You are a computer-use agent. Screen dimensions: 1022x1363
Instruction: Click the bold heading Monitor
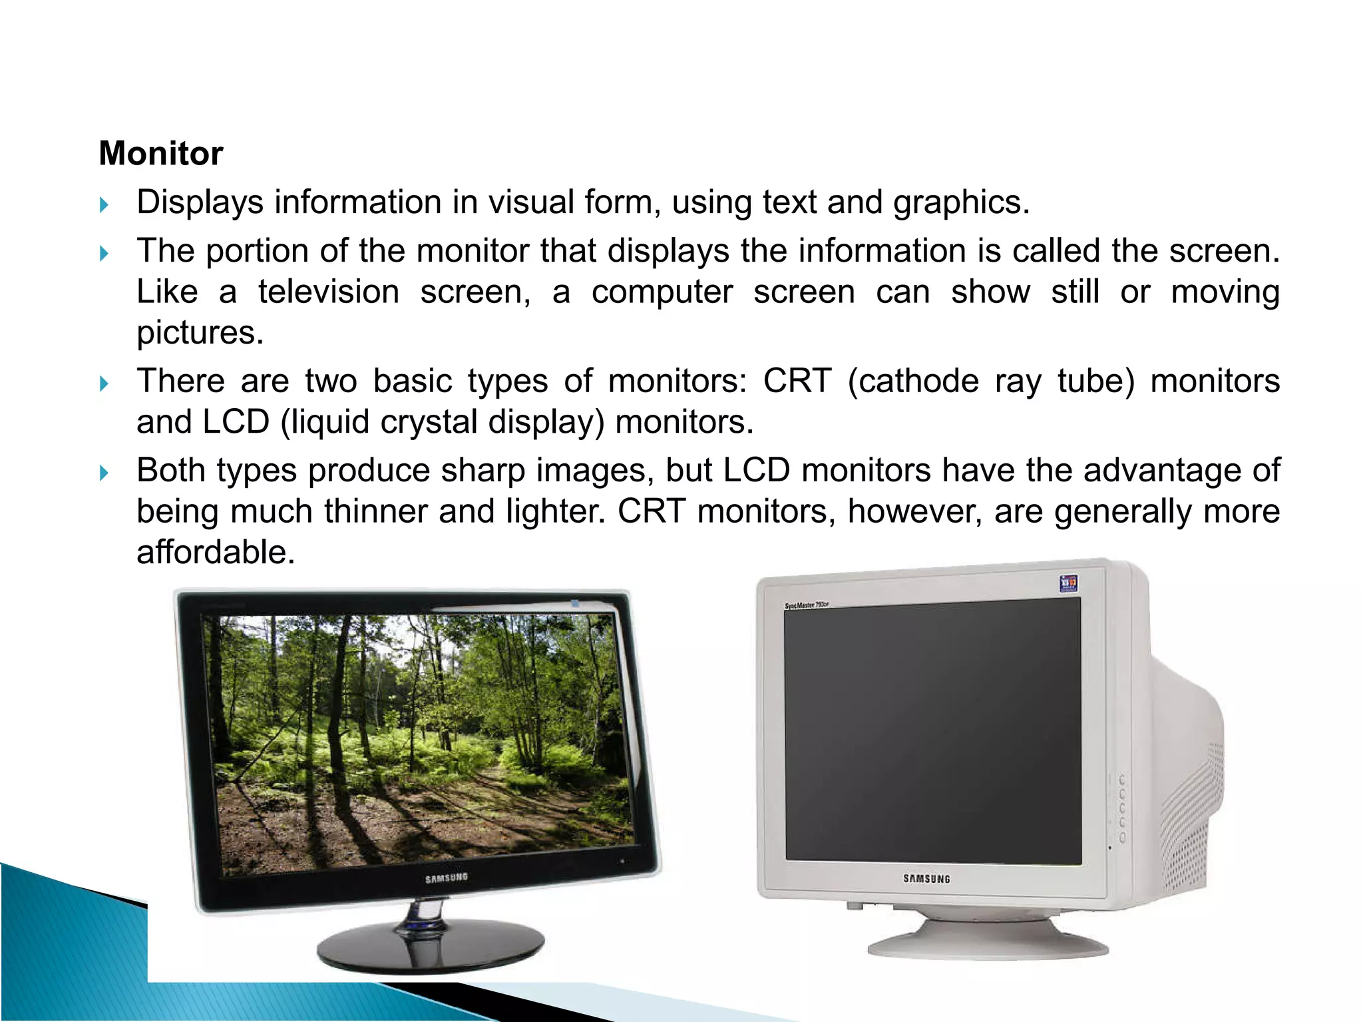point(160,154)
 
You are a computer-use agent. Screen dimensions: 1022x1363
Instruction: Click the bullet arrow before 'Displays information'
point(104,204)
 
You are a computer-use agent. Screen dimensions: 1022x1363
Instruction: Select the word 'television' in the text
point(328,292)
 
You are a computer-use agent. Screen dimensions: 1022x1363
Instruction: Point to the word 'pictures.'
point(200,333)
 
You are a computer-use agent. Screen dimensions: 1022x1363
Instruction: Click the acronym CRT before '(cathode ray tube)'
point(797,382)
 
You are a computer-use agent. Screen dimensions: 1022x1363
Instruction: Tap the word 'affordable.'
point(216,553)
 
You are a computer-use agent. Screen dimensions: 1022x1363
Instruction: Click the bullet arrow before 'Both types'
point(104,473)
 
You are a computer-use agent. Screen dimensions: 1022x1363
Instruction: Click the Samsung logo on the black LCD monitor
point(447,878)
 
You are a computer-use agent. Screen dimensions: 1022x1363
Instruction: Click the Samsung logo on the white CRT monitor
point(926,879)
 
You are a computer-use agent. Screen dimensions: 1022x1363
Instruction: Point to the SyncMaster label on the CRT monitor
point(806,605)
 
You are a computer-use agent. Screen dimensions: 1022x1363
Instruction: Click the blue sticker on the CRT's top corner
point(1068,584)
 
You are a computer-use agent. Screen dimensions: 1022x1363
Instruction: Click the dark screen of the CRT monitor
point(932,732)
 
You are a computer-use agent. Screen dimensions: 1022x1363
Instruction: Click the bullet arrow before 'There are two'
point(104,383)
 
